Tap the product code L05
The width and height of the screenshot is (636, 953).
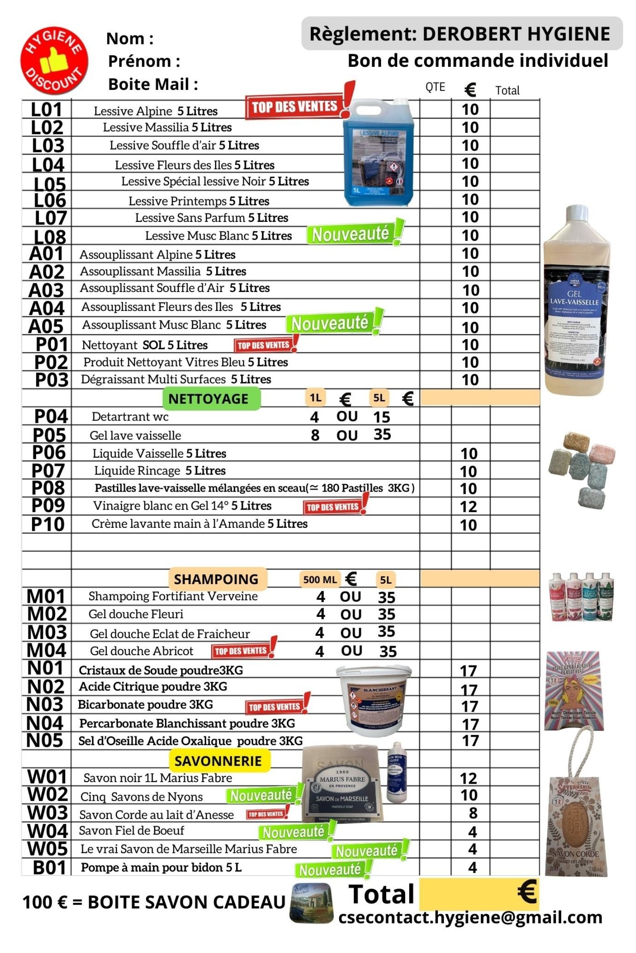pyautogui.click(x=50, y=184)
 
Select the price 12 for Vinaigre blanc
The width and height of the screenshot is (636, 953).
pyautogui.click(x=469, y=506)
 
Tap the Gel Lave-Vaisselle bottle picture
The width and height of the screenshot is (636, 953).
pyautogui.click(x=576, y=300)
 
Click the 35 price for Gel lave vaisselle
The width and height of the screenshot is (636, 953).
pyautogui.click(x=382, y=434)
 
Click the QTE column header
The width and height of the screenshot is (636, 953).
pyautogui.click(x=435, y=87)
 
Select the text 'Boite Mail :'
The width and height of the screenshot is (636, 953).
pyautogui.click(x=153, y=84)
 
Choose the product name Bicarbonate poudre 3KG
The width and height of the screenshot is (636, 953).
pyautogui.click(x=146, y=704)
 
